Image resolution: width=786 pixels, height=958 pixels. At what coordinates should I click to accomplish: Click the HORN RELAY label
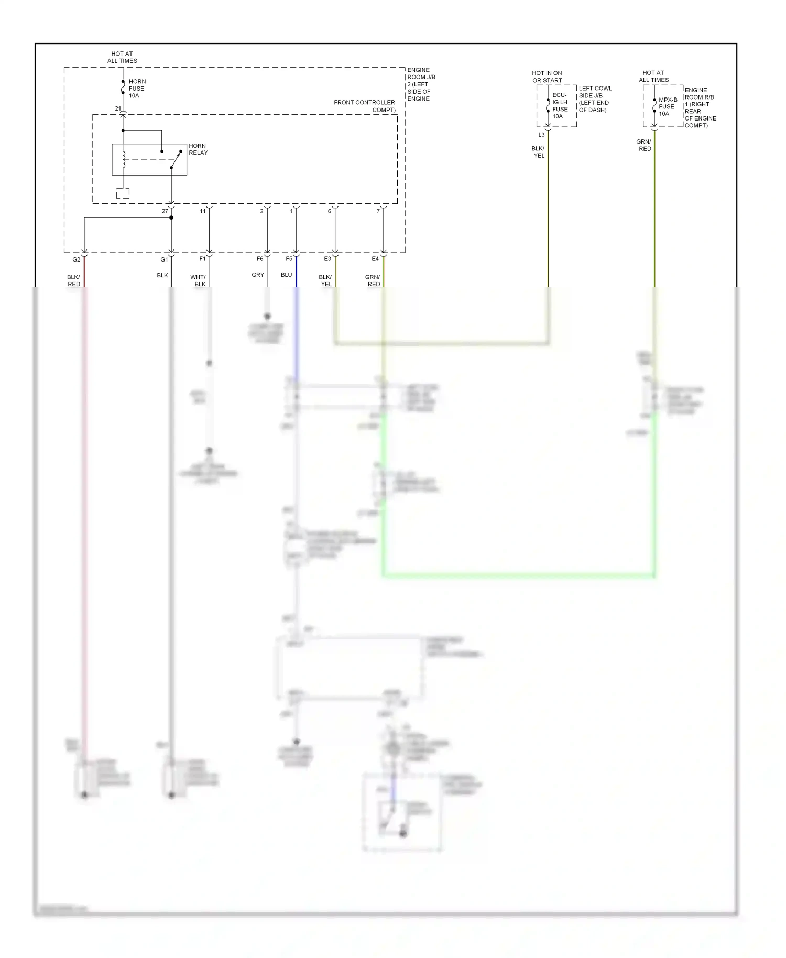pos(198,149)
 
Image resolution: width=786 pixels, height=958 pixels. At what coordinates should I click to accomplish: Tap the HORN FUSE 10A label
pos(137,89)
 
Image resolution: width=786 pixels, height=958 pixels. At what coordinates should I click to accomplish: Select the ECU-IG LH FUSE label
pos(560,105)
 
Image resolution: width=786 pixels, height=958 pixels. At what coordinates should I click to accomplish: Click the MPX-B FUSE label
pos(667,106)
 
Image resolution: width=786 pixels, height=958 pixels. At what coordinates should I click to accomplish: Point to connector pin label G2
pos(77,259)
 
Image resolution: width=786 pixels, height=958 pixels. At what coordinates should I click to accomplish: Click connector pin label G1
pos(164,259)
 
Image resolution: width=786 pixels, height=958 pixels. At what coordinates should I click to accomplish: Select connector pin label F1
pos(202,259)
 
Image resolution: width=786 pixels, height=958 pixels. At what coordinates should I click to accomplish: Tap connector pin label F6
pos(260,259)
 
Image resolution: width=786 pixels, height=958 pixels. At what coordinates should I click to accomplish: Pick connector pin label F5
pos(289,259)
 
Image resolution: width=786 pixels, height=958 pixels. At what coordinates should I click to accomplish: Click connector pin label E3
pos(327,259)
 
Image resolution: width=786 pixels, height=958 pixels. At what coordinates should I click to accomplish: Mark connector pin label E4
pos(375,259)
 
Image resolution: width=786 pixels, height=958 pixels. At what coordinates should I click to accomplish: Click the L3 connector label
pos(541,135)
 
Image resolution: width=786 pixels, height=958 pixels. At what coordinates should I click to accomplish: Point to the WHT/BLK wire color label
pos(198,281)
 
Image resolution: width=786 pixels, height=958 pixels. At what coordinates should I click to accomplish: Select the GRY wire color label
pos(258,275)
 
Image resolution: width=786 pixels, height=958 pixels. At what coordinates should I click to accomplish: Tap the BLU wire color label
pos(286,275)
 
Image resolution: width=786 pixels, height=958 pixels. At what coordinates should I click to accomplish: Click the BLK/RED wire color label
pos(74,281)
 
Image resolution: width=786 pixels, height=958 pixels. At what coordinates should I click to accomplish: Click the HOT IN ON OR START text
pos(547,77)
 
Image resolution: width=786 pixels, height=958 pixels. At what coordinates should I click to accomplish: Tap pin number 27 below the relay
pos(165,211)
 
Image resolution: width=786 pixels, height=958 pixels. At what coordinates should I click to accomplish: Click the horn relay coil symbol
pos(124,160)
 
